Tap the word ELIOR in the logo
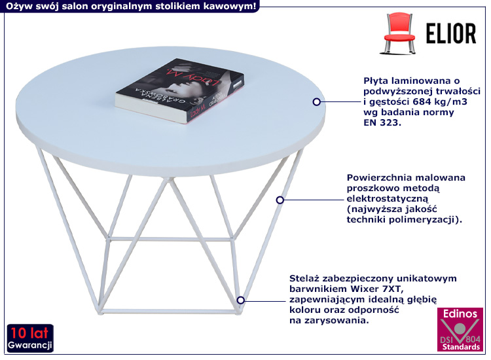click(x=451, y=33)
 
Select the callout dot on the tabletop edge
click(x=317, y=101)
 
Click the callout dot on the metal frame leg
click(x=280, y=199)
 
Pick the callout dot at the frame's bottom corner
click(x=241, y=300)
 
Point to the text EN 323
click(x=381, y=123)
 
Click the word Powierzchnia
click(x=378, y=177)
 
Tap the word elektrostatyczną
click(x=387, y=198)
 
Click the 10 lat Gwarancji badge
click(x=30, y=337)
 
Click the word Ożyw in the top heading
click(x=16, y=5)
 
